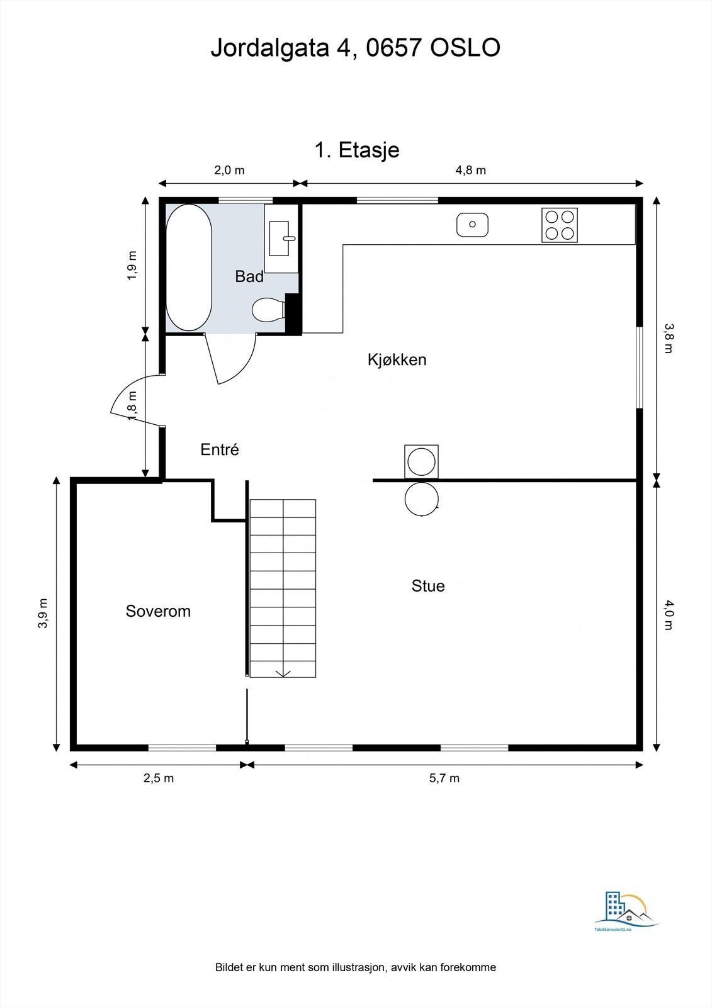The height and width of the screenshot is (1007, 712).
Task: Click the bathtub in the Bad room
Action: (188, 267)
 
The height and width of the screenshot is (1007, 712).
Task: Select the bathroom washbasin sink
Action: (280, 238)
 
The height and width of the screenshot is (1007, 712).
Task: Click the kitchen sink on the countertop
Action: (472, 225)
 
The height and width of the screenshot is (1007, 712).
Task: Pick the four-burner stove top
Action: (560, 225)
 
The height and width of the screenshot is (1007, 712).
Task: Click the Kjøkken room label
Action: (397, 360)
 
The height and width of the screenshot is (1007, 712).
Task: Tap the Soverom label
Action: (158, 611)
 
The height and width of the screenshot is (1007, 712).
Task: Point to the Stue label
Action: (428, 586)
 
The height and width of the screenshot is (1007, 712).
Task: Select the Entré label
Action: (220, 449)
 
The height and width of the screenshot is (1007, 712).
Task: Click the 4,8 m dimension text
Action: (471, 170)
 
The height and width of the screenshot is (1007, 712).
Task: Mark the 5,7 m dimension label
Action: (444, 779)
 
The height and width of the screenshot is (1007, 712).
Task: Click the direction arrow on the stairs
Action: (283, 673)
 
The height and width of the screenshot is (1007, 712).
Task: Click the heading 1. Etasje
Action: (356, 150)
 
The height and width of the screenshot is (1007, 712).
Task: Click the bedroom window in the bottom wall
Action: (182, 748)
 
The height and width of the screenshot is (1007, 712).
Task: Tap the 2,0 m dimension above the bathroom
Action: (229, 170)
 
